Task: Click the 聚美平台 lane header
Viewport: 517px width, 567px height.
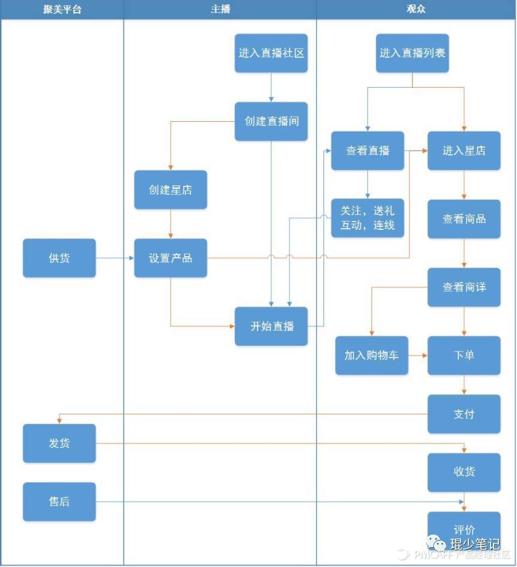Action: [62, 9]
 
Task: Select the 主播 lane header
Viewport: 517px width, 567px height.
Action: [220, 9]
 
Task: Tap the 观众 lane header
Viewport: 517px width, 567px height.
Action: [416, 9]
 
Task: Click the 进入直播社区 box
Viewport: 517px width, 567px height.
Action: [271, 53]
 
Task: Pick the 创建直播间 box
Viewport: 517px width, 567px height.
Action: [271, 121]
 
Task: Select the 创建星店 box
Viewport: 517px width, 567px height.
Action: [171, 190]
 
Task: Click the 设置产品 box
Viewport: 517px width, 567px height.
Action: [171, 258]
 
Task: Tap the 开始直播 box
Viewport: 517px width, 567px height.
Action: [271, 326]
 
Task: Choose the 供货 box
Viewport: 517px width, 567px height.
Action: [59, 258]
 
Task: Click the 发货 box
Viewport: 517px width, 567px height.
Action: [59, 443]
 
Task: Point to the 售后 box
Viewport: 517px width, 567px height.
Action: [59, 502]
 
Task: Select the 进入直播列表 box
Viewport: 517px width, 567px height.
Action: [412, 53]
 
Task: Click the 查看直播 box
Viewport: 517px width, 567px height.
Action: [367, 151]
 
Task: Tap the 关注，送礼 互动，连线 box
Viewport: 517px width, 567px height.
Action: [367, 218]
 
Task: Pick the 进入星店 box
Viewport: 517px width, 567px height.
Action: [464, 151]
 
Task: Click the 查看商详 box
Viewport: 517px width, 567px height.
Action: [464, 287]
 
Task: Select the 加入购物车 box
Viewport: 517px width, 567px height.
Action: [371, 355]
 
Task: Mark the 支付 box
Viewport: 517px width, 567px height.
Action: [464, 414]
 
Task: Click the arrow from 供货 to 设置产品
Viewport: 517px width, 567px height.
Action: [114, 258]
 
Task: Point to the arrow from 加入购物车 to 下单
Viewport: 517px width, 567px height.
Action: [418, 355]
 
